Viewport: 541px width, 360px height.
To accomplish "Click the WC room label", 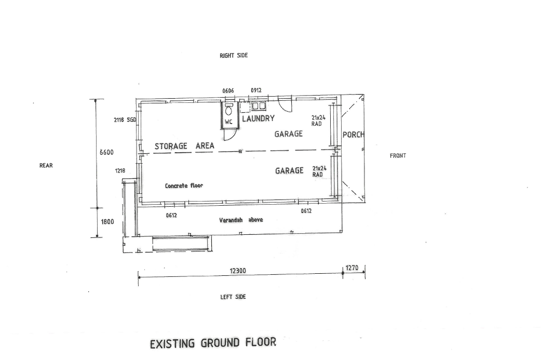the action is [228, 122].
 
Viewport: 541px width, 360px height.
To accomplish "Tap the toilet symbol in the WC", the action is [228, 110].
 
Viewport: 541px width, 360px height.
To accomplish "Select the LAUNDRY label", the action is [259, 118].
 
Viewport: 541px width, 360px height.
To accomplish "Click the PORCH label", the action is [353, 135].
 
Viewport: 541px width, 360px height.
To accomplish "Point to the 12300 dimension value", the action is [238, 271].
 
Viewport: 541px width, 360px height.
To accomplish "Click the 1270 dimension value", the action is [352, 268].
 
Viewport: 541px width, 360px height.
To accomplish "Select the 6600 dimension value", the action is [106, 152].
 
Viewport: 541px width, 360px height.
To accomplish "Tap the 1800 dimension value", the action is [107, 222].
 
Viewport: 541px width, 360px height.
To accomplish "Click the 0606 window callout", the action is [228, 91].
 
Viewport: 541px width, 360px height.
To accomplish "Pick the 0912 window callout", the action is [256, 90].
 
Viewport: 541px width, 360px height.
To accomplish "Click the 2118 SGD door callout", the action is [125, 120].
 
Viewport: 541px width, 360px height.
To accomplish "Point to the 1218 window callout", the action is [120, 170].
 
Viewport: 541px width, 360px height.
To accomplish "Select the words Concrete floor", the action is [184, 185].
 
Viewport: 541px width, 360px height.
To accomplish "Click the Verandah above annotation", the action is [241, 220].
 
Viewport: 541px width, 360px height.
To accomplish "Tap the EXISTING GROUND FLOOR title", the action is [213, 343].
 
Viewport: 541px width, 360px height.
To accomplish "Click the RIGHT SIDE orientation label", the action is [234, 55].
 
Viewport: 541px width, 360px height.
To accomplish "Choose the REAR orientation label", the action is [46, 165].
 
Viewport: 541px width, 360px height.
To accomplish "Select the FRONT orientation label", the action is [398, 156].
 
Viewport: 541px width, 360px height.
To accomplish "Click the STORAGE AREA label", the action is [185, 146].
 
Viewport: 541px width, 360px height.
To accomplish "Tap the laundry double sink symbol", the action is [259, 105].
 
